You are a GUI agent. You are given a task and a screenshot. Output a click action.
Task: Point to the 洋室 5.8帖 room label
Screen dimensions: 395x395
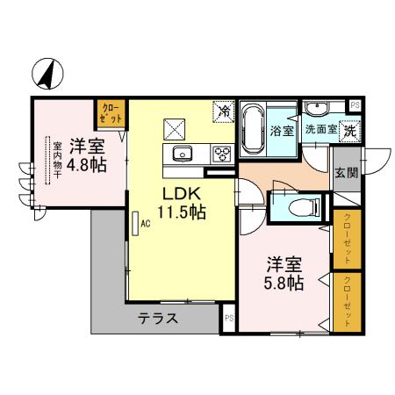point(285,274)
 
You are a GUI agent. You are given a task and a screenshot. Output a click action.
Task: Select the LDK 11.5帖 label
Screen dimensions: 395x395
point(182,203)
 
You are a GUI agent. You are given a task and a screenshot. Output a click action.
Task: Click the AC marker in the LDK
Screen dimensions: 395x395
point(144,222)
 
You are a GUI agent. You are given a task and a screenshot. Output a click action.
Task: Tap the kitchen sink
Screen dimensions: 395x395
point(183,155)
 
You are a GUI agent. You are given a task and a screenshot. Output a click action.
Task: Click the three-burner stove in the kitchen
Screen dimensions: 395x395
point(222,154)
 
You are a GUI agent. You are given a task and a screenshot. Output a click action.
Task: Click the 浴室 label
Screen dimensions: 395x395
point(281,133)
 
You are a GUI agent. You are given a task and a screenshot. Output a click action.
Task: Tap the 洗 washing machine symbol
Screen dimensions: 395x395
point(349,130)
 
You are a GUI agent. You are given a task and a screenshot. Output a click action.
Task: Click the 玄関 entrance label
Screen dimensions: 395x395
point(345,172)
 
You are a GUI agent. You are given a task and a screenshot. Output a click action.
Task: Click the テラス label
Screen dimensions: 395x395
point(158,319)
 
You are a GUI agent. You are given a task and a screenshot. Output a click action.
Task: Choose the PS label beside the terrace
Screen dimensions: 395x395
point(229,319)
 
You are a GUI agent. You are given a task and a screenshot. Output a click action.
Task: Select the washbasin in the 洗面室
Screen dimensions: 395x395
point(317,109)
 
